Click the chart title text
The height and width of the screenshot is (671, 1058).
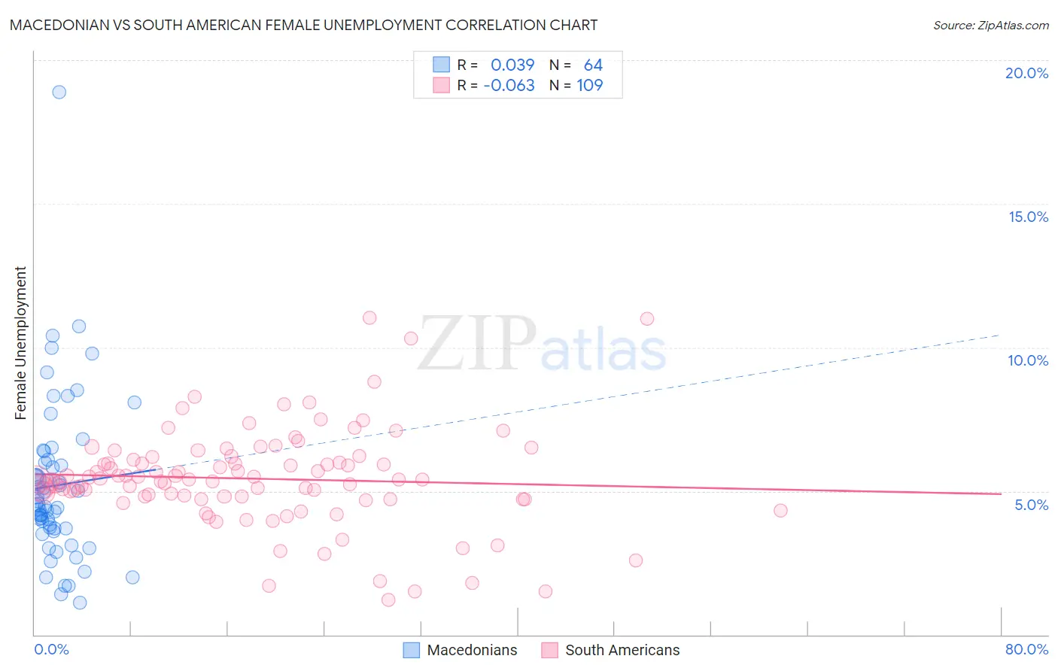303,25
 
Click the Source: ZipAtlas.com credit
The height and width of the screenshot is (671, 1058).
990,25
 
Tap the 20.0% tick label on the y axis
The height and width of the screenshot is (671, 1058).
1026,73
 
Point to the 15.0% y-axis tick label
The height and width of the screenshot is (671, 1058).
1028,217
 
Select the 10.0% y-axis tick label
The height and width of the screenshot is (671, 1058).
1028,360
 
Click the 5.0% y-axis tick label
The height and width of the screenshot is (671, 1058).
1031,505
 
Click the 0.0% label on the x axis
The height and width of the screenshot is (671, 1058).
51,649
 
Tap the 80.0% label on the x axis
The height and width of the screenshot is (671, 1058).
1026,649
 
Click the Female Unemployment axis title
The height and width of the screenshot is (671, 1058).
20,343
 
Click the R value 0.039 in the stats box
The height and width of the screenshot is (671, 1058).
512,65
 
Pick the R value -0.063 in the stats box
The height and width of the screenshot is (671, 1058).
509,85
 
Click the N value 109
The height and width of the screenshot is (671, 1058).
590,85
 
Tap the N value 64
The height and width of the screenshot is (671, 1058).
593,65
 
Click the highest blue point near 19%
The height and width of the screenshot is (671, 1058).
59,92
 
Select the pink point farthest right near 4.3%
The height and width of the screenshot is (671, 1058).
780,511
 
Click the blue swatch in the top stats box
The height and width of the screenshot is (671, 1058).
441,65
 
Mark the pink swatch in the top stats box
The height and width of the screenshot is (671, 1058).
441,85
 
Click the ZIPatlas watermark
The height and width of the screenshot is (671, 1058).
542,345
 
